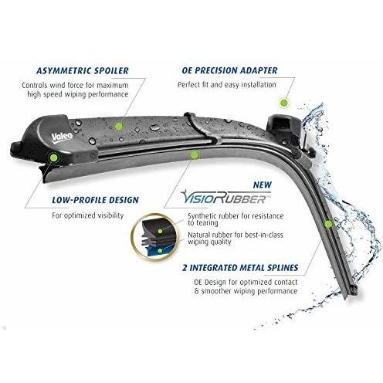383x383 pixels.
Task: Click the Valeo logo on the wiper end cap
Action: pyautogui.click(x=62, y=137)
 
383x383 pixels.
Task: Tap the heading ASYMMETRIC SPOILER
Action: pyautogui.click(x=83, y=71)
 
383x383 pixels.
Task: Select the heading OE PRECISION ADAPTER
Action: pyautogui.click(x=229, y=71)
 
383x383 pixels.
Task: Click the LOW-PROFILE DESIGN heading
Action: pyautogui.click(x=95, y=200)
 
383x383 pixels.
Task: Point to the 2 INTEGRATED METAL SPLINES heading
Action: pyautogui.click(x=240, y=268)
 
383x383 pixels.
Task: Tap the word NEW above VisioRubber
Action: pyautogui.click(x=263, y=185)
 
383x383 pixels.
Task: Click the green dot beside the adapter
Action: pyautogui.click(x=284, y=103)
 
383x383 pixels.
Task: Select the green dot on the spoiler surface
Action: pyautogui.click(x=119, y=126)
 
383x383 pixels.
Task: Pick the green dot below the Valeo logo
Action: pyautogui.click(x=53, y=157)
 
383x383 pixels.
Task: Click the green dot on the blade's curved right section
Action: pyautogui.click(x=328, y=225)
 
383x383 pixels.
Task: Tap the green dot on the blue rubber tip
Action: pyautogui.click(x=160, y=250)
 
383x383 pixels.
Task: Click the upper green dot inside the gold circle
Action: pyautogui.click(x=160, y=231)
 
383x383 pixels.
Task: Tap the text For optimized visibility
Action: pyautogui.click(x=88, y=215)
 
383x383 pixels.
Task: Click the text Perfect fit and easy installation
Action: pyautogui.click(x=227, y=85)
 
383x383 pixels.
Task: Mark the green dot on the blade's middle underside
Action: pyautogui.click(x=194, y=155)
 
